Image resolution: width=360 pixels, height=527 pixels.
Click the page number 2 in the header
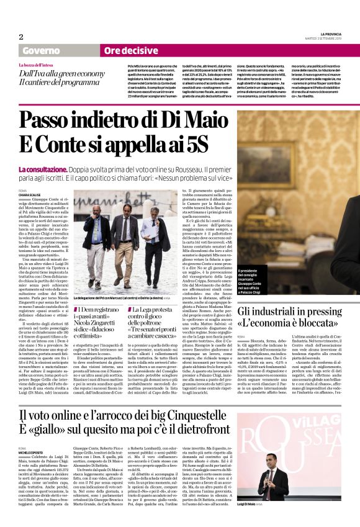[x=20, y=37]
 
